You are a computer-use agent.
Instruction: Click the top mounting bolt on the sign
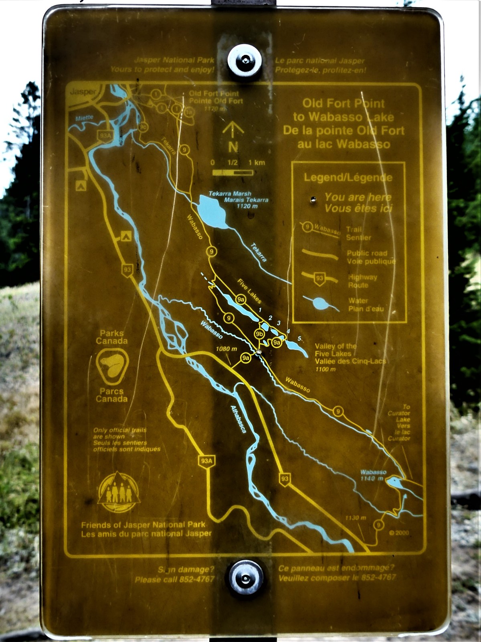(244, 61)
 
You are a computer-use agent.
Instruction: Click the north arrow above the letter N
(233, 129)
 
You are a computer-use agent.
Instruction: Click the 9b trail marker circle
(259, 333)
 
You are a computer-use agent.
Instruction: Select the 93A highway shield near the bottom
(206, 461)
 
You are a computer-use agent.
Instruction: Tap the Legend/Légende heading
(348, 177)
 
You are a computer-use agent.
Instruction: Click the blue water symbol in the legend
(321, 303)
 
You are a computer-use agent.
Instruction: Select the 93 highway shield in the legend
(319, 279)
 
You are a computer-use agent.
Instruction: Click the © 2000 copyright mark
(399, 533)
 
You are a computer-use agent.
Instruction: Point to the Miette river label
(84, 118)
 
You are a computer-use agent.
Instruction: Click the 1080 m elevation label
(226, 349)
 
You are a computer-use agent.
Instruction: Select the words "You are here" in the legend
(358, 197)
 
